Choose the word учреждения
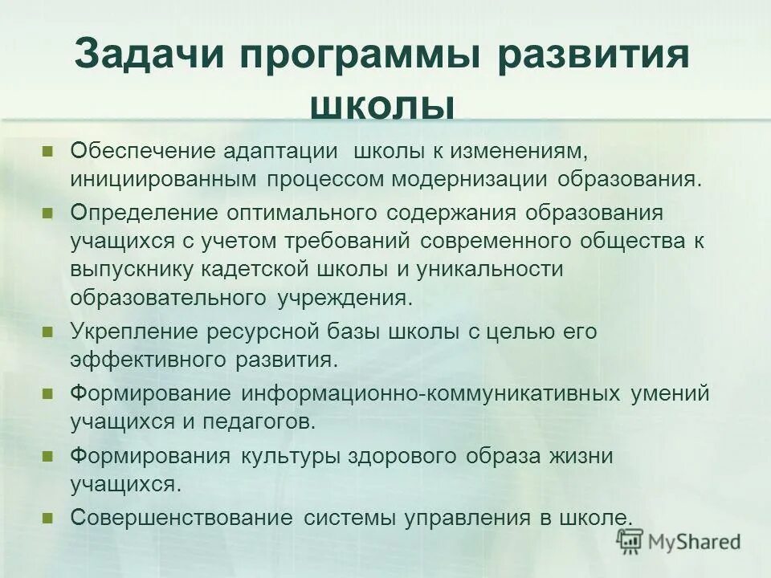pos(345,298)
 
